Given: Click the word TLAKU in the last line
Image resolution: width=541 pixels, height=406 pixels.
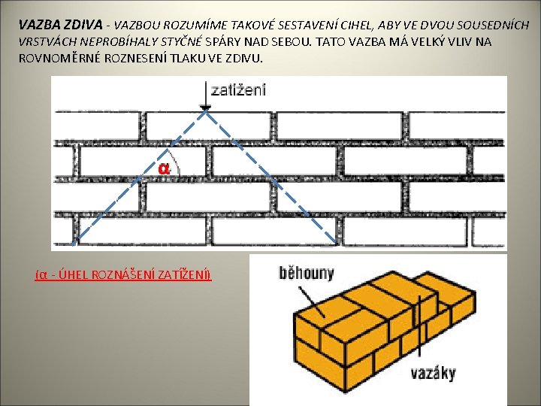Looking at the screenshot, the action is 207,59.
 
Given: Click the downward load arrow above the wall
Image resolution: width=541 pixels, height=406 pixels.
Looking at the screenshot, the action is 204,98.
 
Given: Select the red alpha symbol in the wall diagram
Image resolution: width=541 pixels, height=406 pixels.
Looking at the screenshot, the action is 164,168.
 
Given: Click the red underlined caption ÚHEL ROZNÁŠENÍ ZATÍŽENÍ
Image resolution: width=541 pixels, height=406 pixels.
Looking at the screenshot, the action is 123,274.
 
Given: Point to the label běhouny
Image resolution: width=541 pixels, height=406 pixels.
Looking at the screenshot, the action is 306,273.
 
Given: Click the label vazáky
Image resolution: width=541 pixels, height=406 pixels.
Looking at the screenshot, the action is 433,372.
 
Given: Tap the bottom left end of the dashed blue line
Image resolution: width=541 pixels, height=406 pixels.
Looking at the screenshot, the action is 80,244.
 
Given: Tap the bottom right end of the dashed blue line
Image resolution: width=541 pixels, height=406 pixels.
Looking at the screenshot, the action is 335,244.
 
